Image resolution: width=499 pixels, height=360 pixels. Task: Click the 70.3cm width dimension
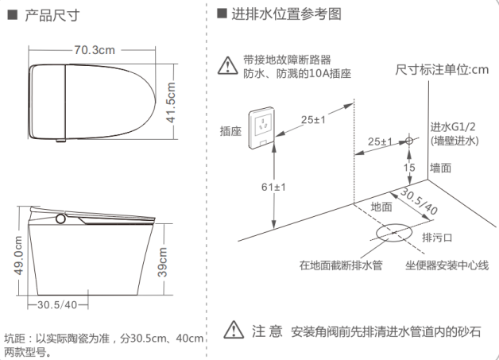95,50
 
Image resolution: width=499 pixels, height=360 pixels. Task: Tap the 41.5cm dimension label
171,103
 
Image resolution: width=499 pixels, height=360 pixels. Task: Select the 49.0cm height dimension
19,255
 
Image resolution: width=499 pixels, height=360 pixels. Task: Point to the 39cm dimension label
162,262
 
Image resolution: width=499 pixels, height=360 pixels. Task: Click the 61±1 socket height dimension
273,187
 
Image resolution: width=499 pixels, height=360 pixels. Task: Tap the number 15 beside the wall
409,167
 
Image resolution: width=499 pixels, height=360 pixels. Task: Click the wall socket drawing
262,128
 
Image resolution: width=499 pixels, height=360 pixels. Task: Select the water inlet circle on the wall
409,141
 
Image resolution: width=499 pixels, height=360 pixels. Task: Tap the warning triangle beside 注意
234,330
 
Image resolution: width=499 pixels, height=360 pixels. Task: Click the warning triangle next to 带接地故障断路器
227,66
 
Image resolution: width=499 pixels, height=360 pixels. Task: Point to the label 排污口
437,237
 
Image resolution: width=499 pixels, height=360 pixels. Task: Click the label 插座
230,131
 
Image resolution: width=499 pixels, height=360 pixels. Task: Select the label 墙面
441,168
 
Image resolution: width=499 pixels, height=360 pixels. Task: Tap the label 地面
381,207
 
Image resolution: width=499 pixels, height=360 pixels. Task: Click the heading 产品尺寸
52,15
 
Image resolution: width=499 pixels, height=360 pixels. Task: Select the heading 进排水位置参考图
286,14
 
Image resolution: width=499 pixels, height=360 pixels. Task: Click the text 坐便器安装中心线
447,265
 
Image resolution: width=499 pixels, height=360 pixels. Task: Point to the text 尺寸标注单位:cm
442,69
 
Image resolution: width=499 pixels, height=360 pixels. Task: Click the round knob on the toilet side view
60,219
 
